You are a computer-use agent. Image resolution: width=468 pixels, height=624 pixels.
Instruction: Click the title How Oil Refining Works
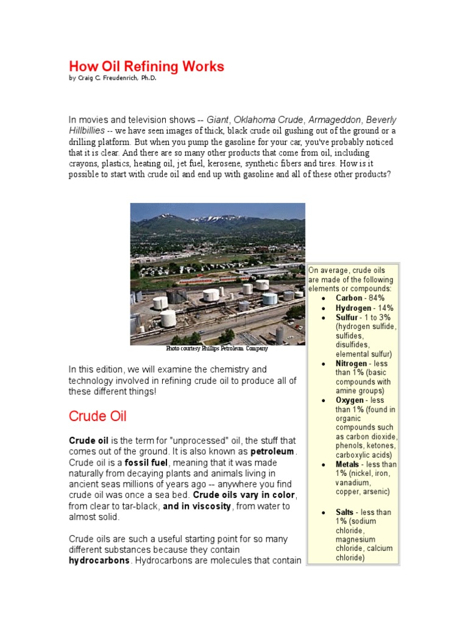[x=146, y=66]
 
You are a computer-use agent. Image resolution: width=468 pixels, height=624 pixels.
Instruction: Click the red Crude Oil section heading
[x=97, y=416]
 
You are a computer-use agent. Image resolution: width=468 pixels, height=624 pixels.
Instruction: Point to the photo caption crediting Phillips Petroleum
[x=217, y=349]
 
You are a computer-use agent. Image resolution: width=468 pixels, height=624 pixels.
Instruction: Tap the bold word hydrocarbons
[x=99, y=561]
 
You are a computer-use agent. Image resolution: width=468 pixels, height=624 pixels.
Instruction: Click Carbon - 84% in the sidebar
[x=360, y=298]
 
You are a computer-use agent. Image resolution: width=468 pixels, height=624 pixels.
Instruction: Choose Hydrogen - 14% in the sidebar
[x=364, y=308]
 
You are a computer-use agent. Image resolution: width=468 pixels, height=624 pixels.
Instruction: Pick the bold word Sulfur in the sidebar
[x=347, y=317]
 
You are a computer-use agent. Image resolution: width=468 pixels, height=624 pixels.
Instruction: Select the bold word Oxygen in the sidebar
[x=350, y=400]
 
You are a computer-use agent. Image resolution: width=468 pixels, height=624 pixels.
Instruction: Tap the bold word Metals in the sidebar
[x=347, y=464]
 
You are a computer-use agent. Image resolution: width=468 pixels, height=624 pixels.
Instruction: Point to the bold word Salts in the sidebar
[x=346, y=512]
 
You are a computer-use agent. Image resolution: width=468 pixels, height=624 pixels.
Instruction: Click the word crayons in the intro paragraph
[x=84, y=164]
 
